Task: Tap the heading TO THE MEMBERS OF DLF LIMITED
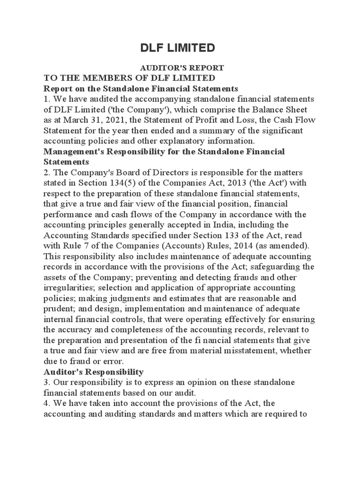pos(129,78)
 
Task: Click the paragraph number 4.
pos(46,404)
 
